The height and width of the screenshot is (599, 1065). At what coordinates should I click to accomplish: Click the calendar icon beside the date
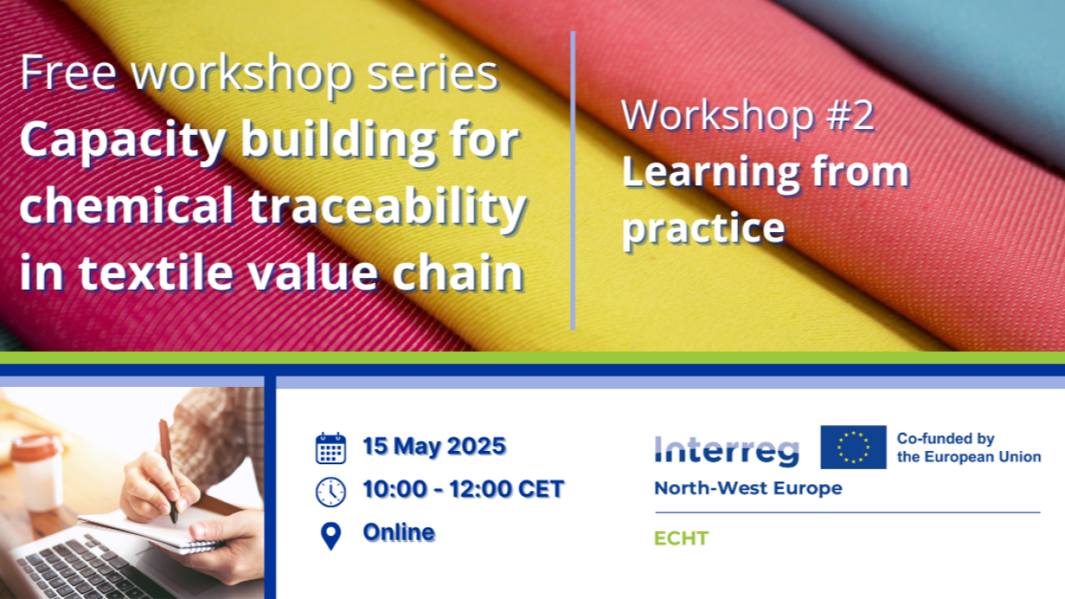click(x=331, y=448)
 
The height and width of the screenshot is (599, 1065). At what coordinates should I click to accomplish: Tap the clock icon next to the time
click(x=331, y=492)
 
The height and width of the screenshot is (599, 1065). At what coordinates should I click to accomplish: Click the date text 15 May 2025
click(x=434, y=447)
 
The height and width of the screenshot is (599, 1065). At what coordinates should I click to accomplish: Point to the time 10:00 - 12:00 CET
click(x=463, y=489)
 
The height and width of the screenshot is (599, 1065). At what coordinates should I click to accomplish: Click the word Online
click(x=399, y=532)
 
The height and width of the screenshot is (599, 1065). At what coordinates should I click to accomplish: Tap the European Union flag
click(x=854, y=447)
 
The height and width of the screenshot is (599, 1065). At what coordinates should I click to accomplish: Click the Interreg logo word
click(x=726, y=451)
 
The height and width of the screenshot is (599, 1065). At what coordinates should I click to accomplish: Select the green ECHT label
click(x=681, y=538)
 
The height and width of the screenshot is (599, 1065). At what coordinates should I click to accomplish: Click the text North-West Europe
click(x=748, y=488)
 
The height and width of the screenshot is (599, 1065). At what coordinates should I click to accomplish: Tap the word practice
click(x=704, y=229)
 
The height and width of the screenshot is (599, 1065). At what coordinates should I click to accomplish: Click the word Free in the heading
click(x=68, y=73)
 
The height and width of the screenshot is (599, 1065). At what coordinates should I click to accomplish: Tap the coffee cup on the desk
click(x=38, y=472)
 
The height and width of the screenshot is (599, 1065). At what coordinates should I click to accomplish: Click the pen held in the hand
click(x=168, y=471)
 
